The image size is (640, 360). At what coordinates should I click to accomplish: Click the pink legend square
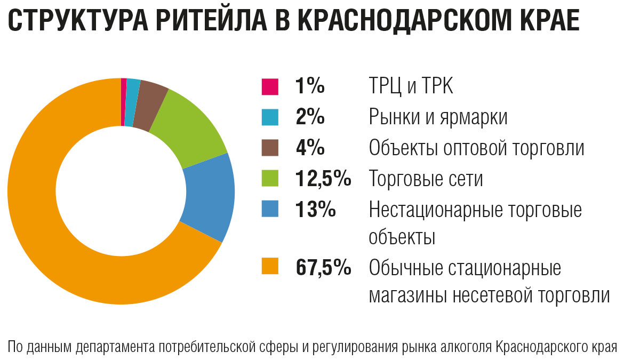tap(270, 86)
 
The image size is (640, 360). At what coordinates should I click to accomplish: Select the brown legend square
tap(270, 148)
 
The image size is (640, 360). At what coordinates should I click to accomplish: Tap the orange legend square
tap(270, 267)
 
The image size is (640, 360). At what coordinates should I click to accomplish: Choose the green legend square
tap(270, 178)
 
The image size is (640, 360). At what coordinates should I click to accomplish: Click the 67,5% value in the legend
tap(323, 267)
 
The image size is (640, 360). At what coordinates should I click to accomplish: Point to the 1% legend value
tap(310, 86)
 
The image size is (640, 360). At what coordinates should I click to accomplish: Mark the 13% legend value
tap(315, 209)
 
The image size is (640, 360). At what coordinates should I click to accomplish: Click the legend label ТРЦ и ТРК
tap(411, 86)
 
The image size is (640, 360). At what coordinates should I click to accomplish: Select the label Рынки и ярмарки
tap(438, 117)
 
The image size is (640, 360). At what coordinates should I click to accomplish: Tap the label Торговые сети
tap(426, 179)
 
